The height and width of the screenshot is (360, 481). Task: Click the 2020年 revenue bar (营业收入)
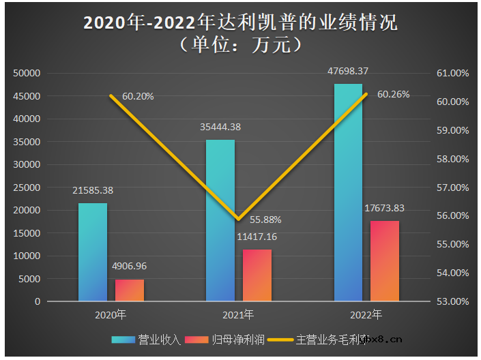[x=93, y=252]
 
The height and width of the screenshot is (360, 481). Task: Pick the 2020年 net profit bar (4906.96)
[x=130, y=290]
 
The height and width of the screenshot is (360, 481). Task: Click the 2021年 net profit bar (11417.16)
[x=257, y=275]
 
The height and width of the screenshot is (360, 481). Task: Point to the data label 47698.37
[x=348, y=71]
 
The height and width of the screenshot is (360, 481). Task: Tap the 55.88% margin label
[x=265, y=220]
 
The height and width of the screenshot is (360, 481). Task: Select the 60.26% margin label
[x=393, y=95]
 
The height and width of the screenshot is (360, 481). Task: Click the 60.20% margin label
[x=138, y=96]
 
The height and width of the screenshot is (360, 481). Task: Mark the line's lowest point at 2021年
[x=238, y=220]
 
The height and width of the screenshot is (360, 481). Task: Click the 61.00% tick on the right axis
[x=452, y=73]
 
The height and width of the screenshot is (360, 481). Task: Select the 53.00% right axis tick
[x=452, y=301]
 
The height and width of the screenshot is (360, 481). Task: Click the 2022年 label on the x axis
[x=366, y=315]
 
